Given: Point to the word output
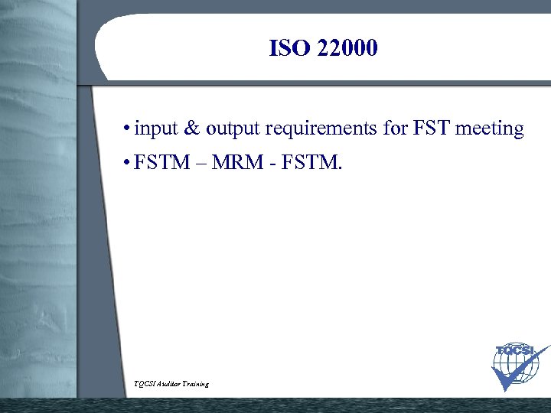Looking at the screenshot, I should (233, 129).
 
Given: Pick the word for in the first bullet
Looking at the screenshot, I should (396, 128).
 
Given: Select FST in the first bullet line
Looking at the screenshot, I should (432, 128).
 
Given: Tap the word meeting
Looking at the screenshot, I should (490, 129).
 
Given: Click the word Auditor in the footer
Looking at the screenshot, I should (171, 383).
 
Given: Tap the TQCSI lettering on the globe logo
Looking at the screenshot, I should (514, 351).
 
